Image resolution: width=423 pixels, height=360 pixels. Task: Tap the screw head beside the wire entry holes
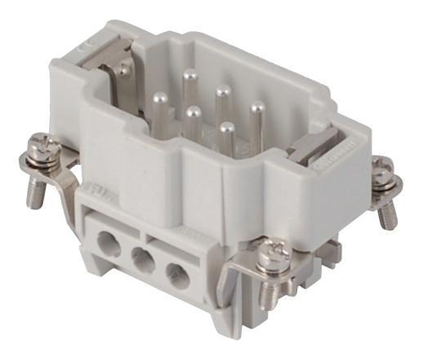(x=272, y=251)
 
